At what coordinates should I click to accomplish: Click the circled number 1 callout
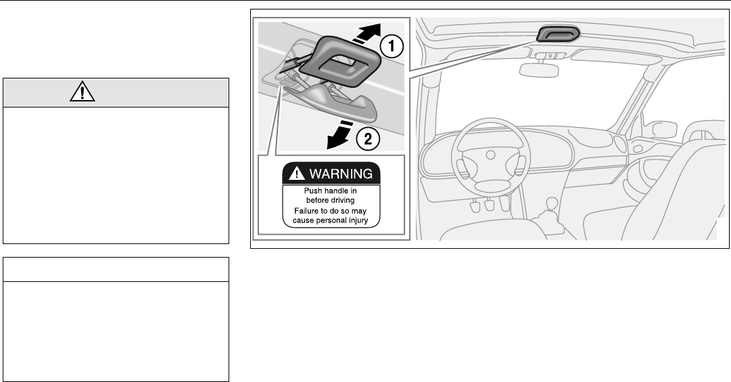[x=391, y=47]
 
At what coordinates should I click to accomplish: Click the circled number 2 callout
[x=368, y=140]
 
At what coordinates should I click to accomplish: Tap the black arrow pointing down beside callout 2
[x=339, y=139]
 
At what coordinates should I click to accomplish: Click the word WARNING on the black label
[x=340, y=174]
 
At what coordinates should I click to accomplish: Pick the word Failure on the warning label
[x=298, y=211]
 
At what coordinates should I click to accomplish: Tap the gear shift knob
[x=552, y=201]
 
